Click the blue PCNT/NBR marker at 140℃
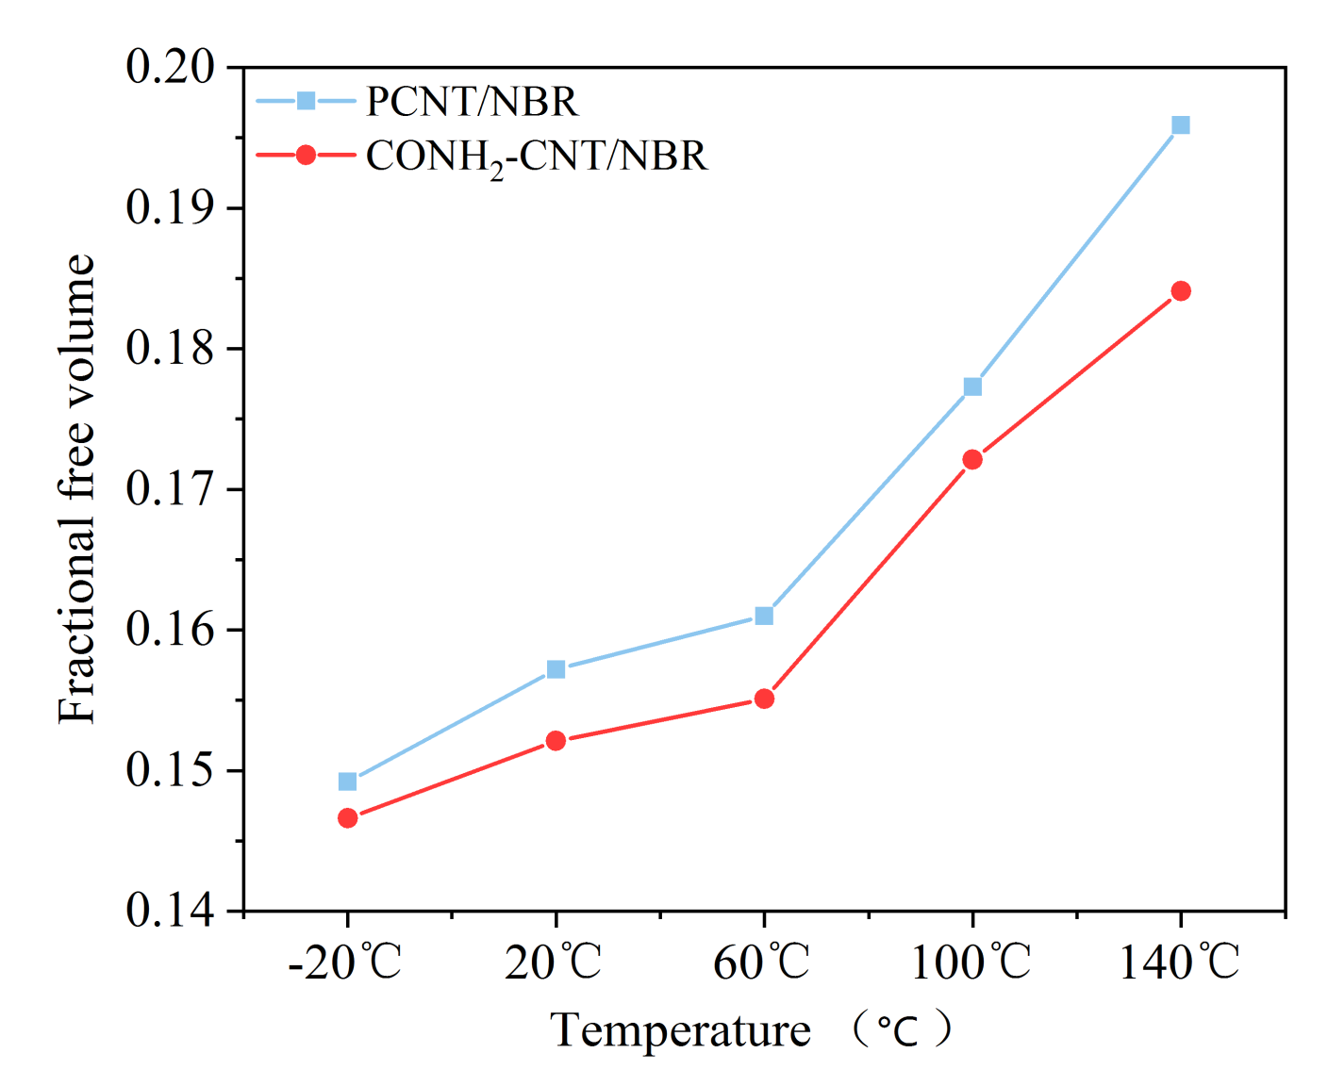click(1180, 125)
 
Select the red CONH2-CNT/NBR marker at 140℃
click(1180, 290)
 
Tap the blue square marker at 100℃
click(972, 387)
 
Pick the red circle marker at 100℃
click(972, 459)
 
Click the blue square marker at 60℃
click(764, 616)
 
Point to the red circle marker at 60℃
click(764, 699)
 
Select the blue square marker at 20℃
click(556, 669)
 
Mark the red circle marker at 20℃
click(556, 741)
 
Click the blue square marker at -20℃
click(347, 782)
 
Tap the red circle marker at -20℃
click(347, 818)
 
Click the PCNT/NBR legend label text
click(472, 102)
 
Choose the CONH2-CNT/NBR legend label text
click(537, 156)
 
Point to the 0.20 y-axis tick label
click(170, 68)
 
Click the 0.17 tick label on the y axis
click(170, 489)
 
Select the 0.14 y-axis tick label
click(170, 912)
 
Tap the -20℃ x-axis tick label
click(345, 963)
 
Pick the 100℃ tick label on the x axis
click(971, 963)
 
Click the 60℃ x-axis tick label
click(762, 963)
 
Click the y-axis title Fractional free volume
click(77, 489)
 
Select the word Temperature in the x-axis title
click(680, 1030)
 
